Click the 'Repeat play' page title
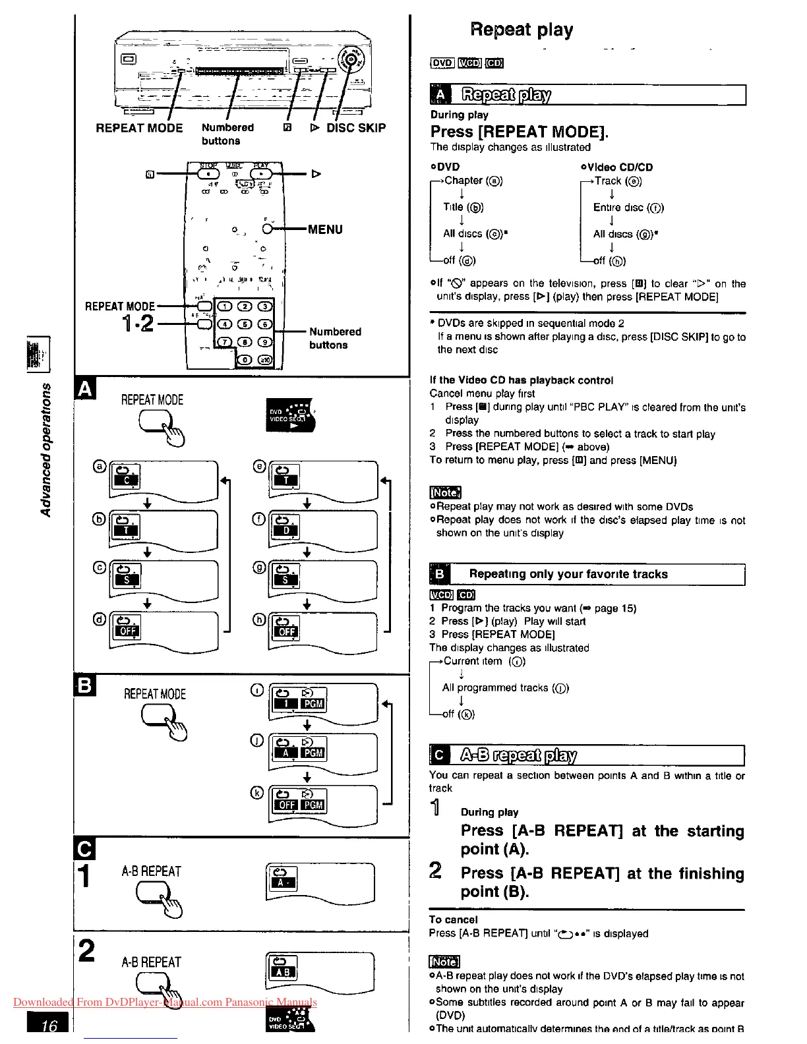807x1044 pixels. [522, 30]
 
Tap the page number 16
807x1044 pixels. [49, 1026]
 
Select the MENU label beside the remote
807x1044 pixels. [325, 229]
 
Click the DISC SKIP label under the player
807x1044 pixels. [356, 128]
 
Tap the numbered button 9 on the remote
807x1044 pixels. [264, 342]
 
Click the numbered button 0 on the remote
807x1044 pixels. [245, 359]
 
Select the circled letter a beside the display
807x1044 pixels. [100, 467]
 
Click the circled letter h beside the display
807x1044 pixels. [259, 620]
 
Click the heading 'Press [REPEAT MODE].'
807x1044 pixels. [520, 132]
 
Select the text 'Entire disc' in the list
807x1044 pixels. [618, 208]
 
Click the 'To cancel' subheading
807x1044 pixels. [453, 919]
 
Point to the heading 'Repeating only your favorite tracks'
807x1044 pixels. [568, 574]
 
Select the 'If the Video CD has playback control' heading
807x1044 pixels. [521, 380]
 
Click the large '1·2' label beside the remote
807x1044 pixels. [138, 324]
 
